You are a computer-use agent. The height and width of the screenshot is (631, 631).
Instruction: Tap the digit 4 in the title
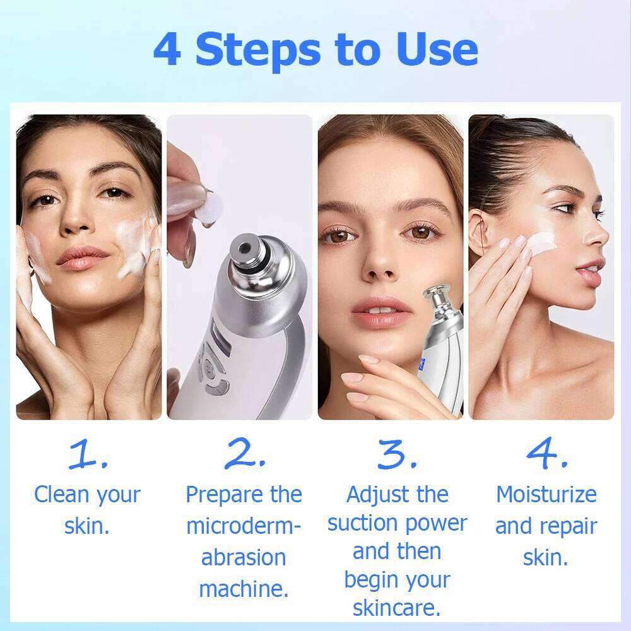167,49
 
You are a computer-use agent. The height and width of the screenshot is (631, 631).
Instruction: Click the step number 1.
88,454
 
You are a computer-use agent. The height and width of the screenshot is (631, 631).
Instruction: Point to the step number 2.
244,454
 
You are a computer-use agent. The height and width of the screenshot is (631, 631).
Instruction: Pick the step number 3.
397,454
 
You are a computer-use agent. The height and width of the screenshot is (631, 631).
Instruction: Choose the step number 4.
546,454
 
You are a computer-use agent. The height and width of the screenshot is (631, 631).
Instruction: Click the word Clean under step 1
62,494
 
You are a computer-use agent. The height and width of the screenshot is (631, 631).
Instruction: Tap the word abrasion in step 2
244,558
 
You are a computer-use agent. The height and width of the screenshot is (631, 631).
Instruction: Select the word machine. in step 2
244,589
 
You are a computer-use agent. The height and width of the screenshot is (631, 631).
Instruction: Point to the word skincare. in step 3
396,608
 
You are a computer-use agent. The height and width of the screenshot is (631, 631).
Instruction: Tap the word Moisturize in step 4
546,494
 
